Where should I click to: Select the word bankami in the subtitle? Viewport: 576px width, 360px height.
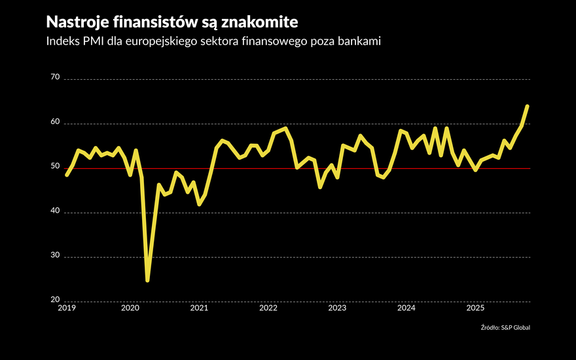357,42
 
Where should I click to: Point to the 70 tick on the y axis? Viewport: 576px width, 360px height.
54,78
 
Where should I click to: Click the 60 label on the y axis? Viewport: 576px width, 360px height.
54,122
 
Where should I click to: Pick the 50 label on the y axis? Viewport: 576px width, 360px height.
54,167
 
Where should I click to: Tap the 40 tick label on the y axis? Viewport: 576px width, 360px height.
54,211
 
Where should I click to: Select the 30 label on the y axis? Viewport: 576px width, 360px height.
54,256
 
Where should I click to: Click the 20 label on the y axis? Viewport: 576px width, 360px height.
54,300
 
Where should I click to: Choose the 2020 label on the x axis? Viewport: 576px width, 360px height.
130,308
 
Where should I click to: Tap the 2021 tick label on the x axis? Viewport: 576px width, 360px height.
199,308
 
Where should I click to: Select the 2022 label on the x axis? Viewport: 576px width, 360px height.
268,308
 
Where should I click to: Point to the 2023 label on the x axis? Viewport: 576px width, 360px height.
337,308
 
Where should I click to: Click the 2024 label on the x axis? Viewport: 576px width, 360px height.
406,308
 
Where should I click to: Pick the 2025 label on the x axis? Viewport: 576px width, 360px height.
475,308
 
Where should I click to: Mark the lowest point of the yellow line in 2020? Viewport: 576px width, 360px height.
147,280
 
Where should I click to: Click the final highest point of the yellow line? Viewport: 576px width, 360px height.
528,106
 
